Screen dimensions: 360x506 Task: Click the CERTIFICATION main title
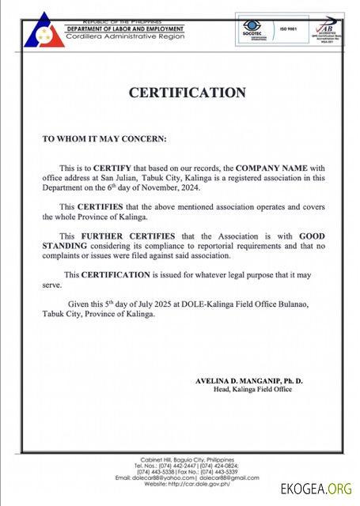click(x=188, y=93)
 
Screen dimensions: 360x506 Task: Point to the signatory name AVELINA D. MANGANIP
click(x=249, y=380)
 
